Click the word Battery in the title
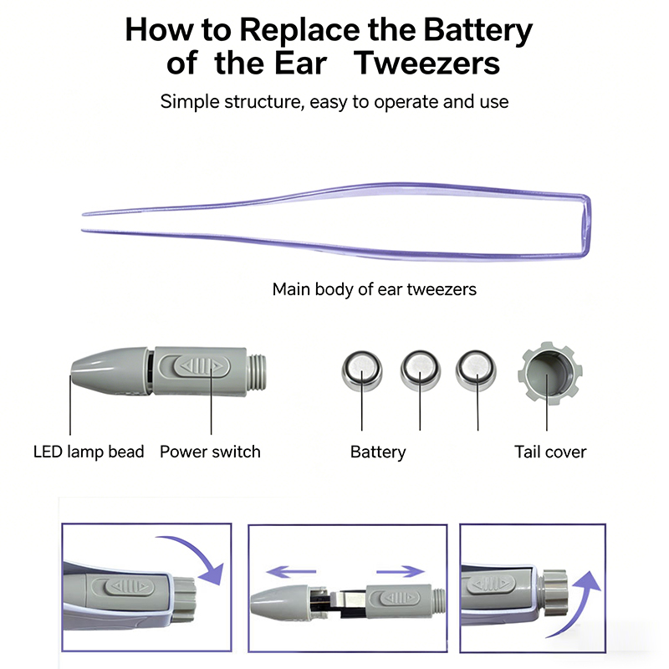(x=478, y=30)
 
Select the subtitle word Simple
(x=189, y=102)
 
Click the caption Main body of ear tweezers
(x=374, y=289)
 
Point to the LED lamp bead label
(x=89, y=452)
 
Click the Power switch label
(x=210, y=452)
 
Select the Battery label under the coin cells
(x=378, y=452)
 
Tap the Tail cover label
(x=550, y=452)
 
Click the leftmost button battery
(x=362, y=369)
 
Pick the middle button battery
(x=419, y=369)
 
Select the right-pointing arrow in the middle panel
(x=400, y=573)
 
